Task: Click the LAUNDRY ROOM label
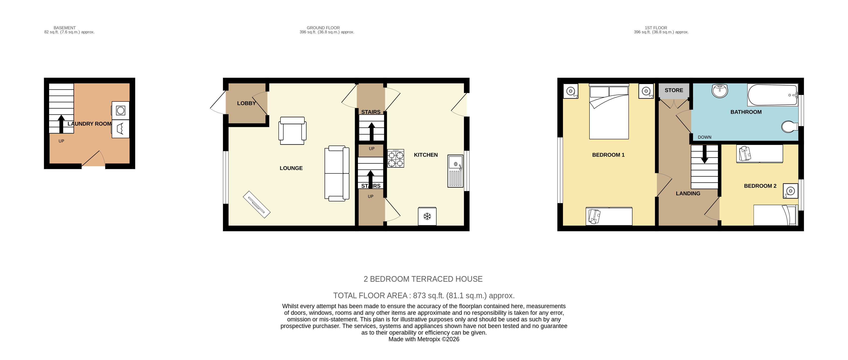[x=89, y=124]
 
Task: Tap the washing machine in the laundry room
[x=120, y=111]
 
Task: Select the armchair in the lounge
[x=292, y=131]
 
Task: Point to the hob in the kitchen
[x=395, y=158]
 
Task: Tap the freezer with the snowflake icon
[x=427, y=216]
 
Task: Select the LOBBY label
[x=246, y=103]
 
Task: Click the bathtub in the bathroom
[x=772, y=95]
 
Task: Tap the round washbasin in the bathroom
[x=720, y=91]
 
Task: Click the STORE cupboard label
[x=673, y=90]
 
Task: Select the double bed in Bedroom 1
[x=609, y=111]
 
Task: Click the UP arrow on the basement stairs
[x=61, y=124]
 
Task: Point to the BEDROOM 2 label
[x=760, y=186]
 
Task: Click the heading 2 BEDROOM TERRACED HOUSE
[x=423, y=279]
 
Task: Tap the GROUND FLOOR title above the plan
[x=323, y=28]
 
